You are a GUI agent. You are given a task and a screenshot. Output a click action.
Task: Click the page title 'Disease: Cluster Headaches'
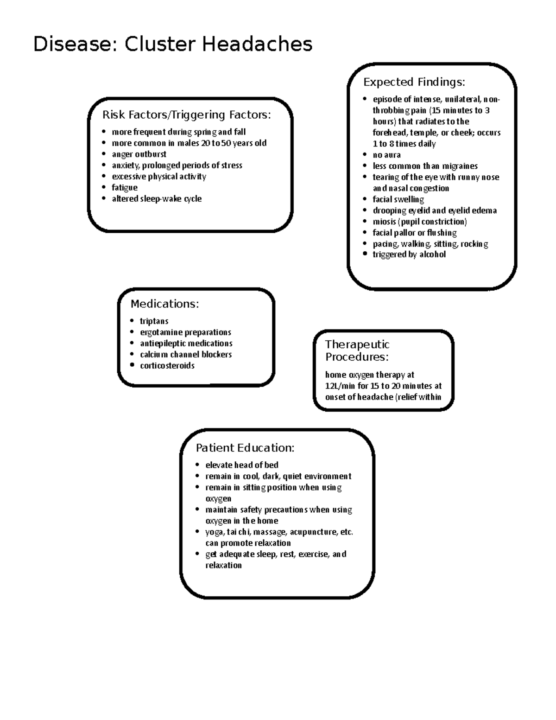tap(173, 45)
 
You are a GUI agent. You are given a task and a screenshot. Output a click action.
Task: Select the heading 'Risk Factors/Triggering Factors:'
tap(186, 115)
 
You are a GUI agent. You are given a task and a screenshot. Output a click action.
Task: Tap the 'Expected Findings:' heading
tap(414, 82)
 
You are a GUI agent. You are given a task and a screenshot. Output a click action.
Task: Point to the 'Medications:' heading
tap(164, 304)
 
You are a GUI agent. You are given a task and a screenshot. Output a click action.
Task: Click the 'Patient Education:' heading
tap(245, 448)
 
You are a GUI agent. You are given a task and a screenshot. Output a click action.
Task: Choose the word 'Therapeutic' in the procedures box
tap(357, 344)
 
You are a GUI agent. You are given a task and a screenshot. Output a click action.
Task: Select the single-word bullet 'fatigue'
tap(125, 188)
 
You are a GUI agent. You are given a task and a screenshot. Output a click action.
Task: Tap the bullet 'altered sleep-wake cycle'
tap(157, 199)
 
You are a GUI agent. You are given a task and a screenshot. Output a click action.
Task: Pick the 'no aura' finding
tap(386, 155)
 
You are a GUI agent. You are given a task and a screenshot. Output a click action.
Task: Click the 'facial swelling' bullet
tap(398, 199)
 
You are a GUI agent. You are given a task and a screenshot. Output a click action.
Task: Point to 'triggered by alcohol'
tap(409, 255)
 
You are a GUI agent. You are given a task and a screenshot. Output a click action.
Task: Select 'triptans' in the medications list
tap(154, 321)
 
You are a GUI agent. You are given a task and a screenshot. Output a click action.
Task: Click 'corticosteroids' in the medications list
tap(167, 366)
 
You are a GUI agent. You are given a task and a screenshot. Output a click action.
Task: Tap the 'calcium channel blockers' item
tap(185, 355)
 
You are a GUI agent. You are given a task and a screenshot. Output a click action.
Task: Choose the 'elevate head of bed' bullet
tap(242, 465)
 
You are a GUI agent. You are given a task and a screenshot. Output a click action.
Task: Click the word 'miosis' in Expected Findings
tap(384, 222)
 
